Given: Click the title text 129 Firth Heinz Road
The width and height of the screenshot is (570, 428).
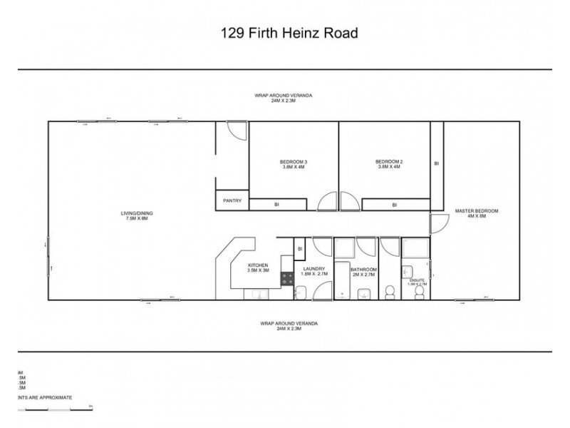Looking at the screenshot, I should coord(289,33).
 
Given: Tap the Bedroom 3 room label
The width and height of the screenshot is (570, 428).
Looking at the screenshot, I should coord(294,164).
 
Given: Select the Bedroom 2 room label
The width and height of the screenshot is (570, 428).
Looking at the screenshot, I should coord(389,164).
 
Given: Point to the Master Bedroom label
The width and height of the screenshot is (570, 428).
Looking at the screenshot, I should coord(476,213).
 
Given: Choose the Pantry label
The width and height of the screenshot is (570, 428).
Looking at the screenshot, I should coord(232,201).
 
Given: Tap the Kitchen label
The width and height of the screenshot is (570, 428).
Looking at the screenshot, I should coord(258,267).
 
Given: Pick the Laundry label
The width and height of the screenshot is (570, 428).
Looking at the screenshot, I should coord(313,271).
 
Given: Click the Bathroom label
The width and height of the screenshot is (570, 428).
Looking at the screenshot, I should coord(363,271).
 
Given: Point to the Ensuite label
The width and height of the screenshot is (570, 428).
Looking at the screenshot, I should coord(417,282).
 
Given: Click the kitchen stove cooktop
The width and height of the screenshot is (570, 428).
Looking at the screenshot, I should coord(288,279).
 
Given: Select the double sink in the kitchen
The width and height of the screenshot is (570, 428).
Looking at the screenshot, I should coord(256,293).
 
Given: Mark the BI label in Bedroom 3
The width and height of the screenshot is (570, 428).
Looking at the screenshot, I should coord(276,205).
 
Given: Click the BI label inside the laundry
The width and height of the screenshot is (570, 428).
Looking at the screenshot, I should coord(300,248).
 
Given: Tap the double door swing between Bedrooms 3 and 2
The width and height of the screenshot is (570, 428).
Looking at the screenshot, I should coord(339,201).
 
